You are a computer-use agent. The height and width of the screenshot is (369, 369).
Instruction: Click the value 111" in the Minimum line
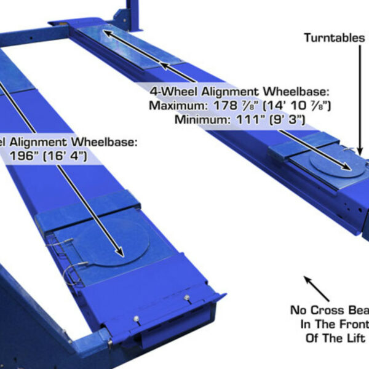click(x=242, y=119)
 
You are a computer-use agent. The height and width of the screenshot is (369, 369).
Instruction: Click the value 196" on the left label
click(x=25, y=156)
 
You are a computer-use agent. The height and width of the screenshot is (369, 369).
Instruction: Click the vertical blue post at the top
click(x=131, y=12)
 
